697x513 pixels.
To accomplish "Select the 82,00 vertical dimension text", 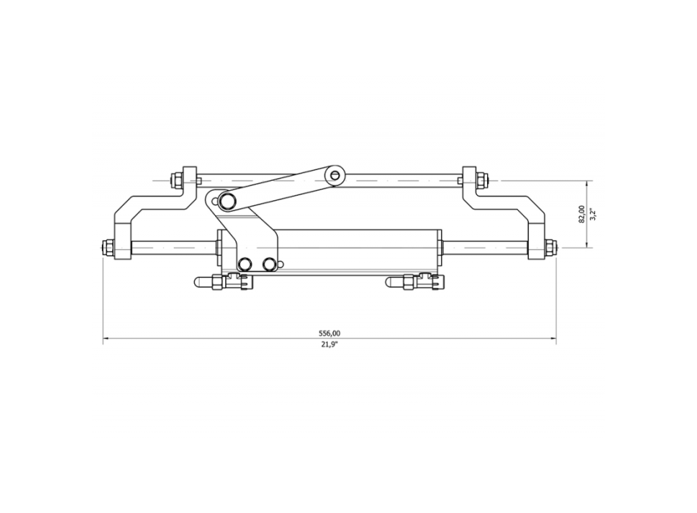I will coord(581,214).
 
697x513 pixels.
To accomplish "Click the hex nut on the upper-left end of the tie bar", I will coord(177,180).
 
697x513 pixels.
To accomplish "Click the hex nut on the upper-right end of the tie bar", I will coord(481,180).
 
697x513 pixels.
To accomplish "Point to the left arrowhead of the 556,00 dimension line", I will coord(106,339).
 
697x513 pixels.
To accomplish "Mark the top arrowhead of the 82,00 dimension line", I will coord(587,182).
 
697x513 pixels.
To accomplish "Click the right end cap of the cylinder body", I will coord(438,249).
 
